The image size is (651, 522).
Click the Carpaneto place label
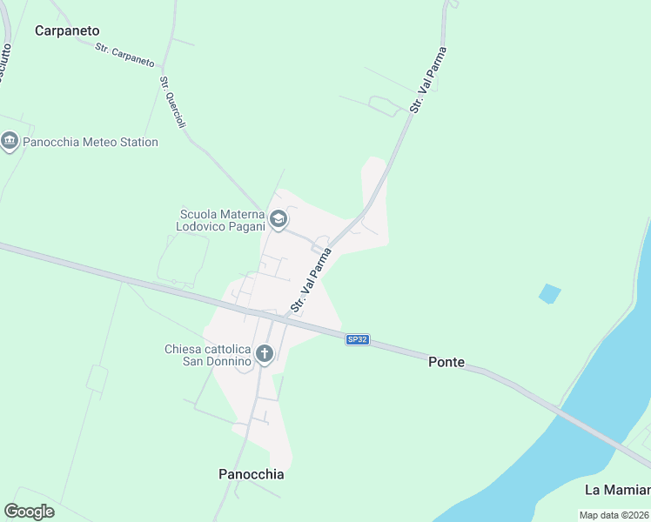[67, 30]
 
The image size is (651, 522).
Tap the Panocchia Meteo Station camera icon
[10, 142]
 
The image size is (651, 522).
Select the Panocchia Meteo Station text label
[91, 142]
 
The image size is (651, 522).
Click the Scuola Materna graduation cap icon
[279, 219]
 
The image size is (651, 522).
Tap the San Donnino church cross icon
[265, 354]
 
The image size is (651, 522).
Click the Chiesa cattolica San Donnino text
[208, 355]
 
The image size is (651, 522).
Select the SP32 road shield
[357, 339]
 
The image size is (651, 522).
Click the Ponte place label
[446, 362]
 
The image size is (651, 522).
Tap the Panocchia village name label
[251, 474]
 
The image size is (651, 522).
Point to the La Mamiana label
[617, 489]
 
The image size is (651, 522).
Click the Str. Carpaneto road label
[126, 56]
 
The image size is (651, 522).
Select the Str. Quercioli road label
[172, 103]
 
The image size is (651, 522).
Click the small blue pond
[549, 293]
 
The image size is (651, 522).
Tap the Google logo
[29, 512]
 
